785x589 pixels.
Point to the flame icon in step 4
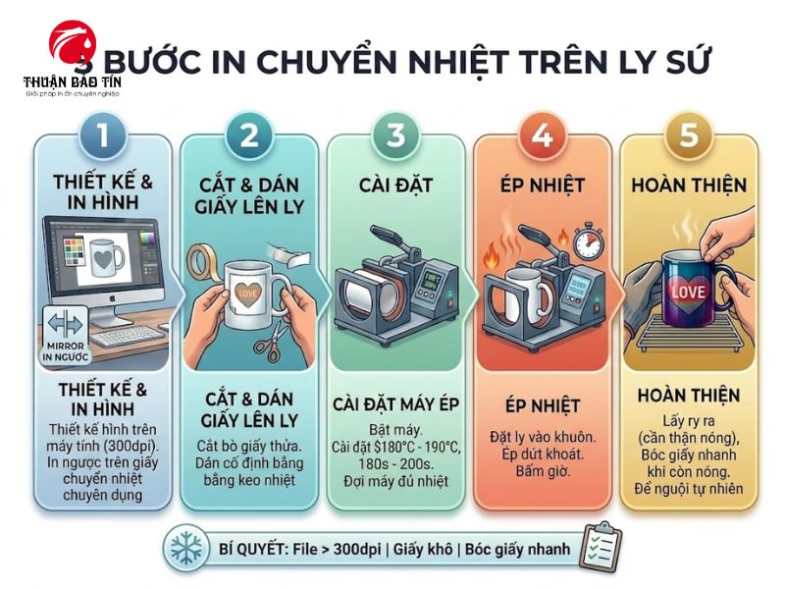point(494,263)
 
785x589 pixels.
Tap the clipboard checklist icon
point(602,546)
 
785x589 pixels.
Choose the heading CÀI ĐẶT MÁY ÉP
point(396,404)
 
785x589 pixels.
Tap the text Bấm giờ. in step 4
point(542,470)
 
